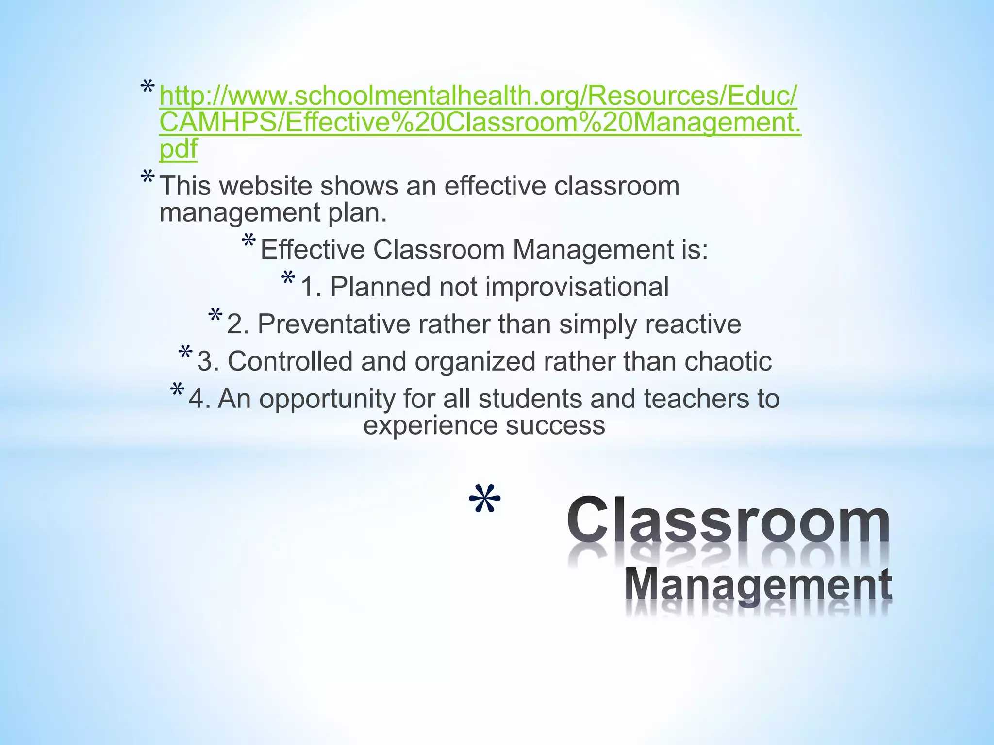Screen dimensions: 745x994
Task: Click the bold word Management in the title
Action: [x=758, y=584]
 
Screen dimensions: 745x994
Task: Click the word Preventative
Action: [x=334, y=324]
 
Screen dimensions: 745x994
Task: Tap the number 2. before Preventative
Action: [x=237, y=324]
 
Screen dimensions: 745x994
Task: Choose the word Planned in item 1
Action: [x=380, y=287]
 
